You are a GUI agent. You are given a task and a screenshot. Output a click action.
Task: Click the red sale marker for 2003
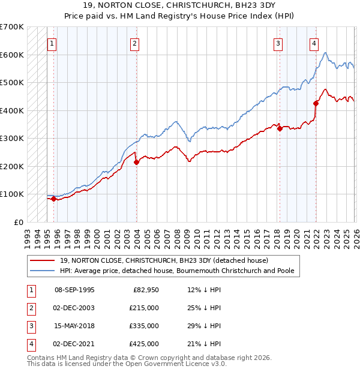click(x=136, y=162)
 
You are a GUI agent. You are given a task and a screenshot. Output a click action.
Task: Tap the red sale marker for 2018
click(x=280, y=128)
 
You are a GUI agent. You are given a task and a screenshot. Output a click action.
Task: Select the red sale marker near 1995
click(x=53, y=199)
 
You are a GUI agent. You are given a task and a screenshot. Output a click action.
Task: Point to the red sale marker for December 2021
click(x=316, y=103)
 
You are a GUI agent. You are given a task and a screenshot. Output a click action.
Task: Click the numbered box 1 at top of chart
click(x=52, y=43)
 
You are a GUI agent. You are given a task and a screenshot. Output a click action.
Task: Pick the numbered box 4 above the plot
click(x=314, y=43)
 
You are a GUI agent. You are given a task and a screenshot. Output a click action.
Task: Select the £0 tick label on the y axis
click(x=18, y=222)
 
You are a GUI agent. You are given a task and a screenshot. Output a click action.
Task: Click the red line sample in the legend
click(x=44, y=260)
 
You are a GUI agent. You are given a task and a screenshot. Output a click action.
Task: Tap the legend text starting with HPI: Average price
click(x=177, y=271)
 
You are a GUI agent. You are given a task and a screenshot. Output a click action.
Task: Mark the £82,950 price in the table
click(x=145, y=290)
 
